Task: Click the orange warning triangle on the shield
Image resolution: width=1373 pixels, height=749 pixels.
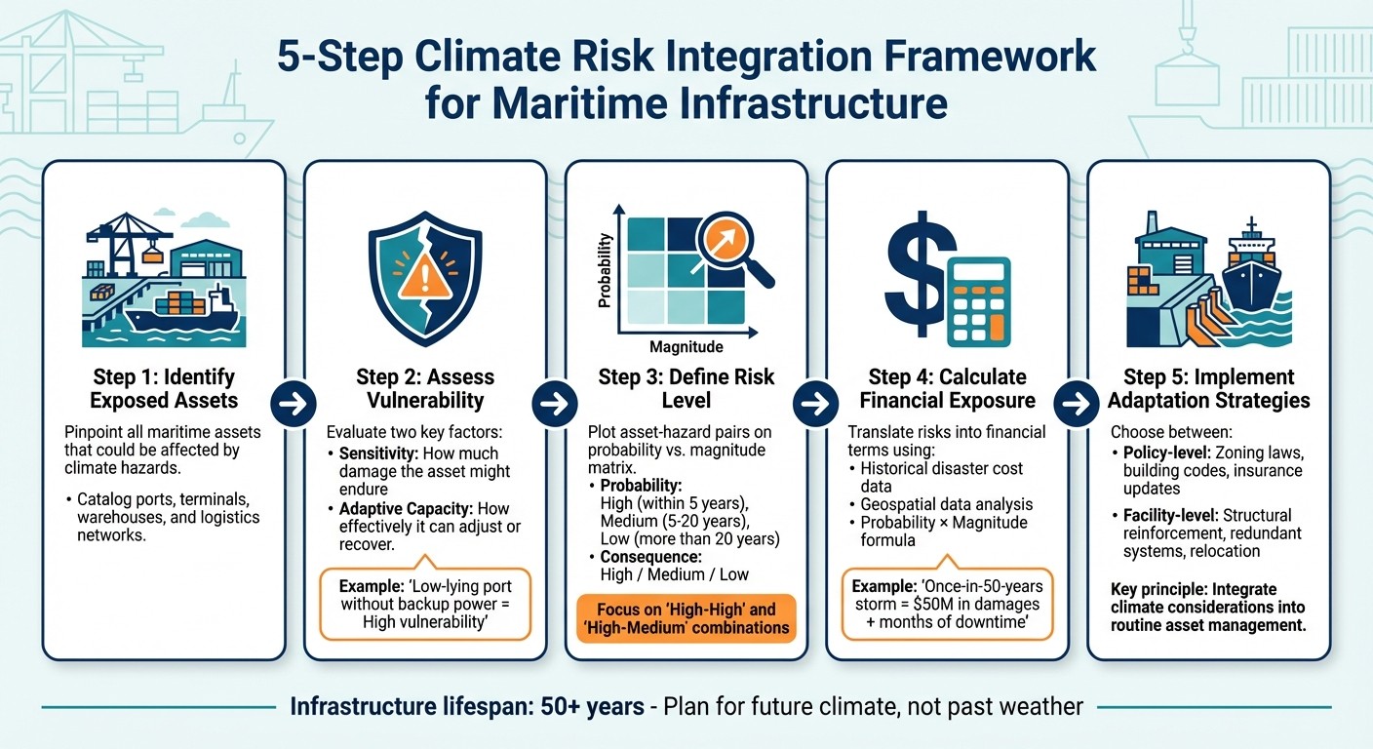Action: coord(423,277)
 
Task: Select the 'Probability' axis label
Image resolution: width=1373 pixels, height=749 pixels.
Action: coord(605,270)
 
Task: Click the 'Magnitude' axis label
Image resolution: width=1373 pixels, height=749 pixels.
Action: coord(686,346)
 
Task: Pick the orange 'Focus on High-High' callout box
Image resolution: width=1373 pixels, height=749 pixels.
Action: coord(687,618)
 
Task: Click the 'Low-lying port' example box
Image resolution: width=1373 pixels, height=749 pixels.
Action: coord(424,604)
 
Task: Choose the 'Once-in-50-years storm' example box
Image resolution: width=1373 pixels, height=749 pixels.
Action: coord(948,604)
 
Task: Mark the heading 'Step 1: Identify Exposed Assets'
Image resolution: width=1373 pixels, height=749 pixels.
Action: coord(164,388)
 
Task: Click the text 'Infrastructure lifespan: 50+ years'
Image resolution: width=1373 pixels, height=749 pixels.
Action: coord(467,706)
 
